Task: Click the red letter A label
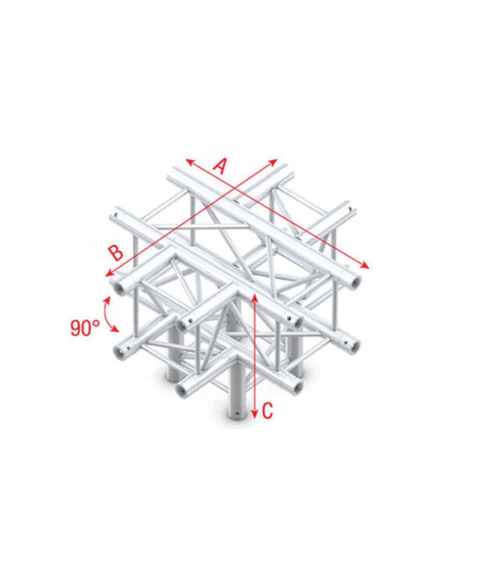tap(219, 167)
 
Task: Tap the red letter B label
tap(115, 252)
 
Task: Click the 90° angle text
tap(86, 327)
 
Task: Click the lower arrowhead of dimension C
tap(255, 414)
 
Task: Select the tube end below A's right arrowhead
tap(356, 281)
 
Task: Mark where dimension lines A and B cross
tap(235, 189)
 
